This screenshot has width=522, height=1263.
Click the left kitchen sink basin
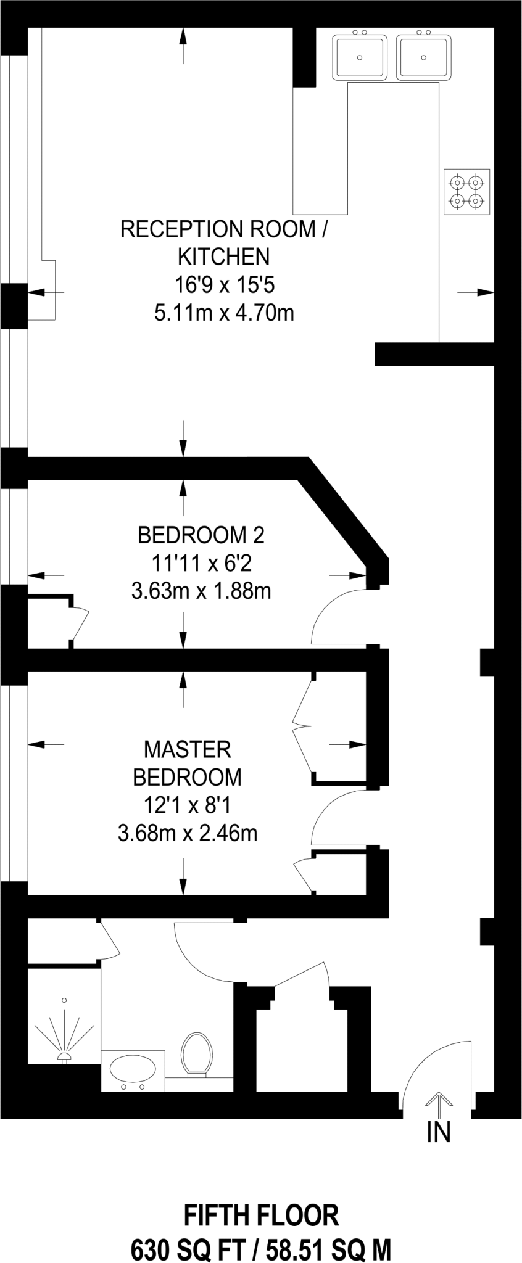pos(360,57)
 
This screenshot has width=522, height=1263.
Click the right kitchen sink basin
pos(423,57)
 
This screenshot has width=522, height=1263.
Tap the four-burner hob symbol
pos(466,192)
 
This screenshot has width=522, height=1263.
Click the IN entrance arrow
pos(439,1105)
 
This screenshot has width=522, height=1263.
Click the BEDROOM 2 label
pos(201,535)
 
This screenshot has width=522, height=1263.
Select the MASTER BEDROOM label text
pos(187,763)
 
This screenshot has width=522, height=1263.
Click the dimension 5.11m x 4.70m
pos(224,313)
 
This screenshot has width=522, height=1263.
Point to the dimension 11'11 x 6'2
pos(201,563)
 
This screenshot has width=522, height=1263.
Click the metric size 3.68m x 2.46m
pos(187,834)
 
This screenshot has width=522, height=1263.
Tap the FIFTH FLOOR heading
pos(261,1216)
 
